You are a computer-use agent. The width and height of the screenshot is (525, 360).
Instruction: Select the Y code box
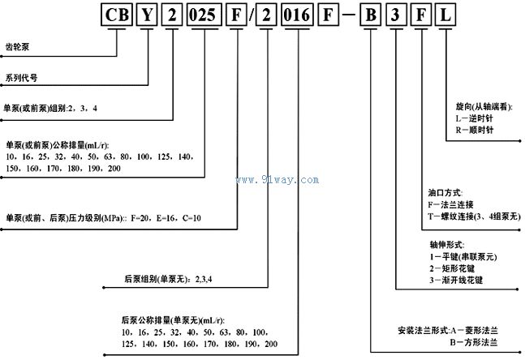click(147, 15)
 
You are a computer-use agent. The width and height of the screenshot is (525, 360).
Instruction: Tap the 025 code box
click(204, 15)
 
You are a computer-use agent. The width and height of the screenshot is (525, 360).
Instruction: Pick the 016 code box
click(297, 15)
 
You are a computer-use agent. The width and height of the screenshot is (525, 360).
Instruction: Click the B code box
click(370, 15)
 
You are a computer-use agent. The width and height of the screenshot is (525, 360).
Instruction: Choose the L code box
click(445, 15)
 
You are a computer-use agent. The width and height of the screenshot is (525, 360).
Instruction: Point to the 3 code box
click(396, 15)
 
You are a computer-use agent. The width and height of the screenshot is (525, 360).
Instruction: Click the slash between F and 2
click(252, 15)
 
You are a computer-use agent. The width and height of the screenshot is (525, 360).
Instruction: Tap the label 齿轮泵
click(17, 46)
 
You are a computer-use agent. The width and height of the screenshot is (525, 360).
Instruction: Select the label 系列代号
click(21, 78)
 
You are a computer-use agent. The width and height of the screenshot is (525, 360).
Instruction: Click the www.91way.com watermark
click(278, 180)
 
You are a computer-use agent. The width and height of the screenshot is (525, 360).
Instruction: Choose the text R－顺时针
click(475, 130)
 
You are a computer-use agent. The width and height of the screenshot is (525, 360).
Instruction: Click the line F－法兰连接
click(450, 204)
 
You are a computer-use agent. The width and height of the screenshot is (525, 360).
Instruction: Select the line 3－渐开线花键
click(456, 280)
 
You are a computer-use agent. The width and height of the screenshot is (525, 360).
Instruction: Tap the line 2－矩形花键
click(452, 268)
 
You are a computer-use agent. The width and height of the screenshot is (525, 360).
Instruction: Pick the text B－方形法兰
click(473, 342)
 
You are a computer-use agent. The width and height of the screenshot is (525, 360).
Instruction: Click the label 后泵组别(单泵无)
click(155, 279)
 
